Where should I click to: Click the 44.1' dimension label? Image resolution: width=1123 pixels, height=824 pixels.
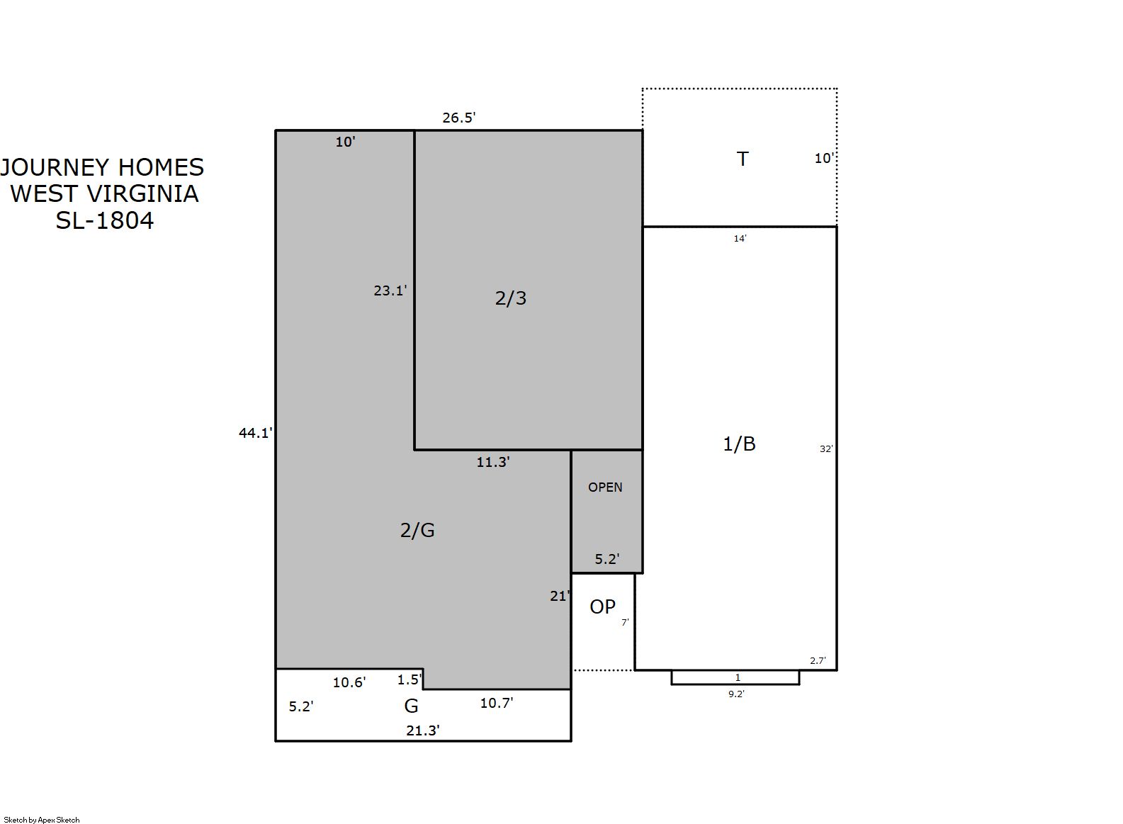point(256,433)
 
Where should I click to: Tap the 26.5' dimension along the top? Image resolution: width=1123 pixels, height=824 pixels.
point(458,118)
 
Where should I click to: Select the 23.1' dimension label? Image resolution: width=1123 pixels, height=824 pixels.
point(390,290)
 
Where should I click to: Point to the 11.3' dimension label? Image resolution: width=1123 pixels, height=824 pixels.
point(493,462)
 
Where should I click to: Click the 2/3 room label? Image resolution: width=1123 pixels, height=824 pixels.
point(511,298)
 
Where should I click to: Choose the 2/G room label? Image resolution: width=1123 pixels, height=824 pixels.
point(417,530)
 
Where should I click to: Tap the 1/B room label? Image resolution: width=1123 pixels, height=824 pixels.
point(739,444)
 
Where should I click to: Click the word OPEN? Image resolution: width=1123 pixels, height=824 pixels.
point(605,487)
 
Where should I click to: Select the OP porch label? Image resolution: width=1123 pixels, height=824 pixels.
point(603,607)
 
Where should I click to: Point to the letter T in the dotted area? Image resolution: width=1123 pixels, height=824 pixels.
point(743,159)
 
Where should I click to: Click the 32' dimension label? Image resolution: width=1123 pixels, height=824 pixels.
point(826,449)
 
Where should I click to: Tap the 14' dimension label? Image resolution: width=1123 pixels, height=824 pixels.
point(740,239)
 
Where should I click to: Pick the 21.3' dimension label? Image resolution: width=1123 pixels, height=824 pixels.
point(423,730)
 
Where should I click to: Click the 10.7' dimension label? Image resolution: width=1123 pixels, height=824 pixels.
point(497,704)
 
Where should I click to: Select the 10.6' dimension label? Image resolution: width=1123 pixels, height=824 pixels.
point(349,683)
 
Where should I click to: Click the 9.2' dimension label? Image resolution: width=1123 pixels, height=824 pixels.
point(736,694)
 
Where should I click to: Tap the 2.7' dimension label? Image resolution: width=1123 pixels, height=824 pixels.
point(818,661)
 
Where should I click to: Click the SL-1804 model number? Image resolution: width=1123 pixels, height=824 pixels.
point(105,220)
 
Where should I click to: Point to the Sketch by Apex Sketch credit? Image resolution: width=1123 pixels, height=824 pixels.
point(42,820)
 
